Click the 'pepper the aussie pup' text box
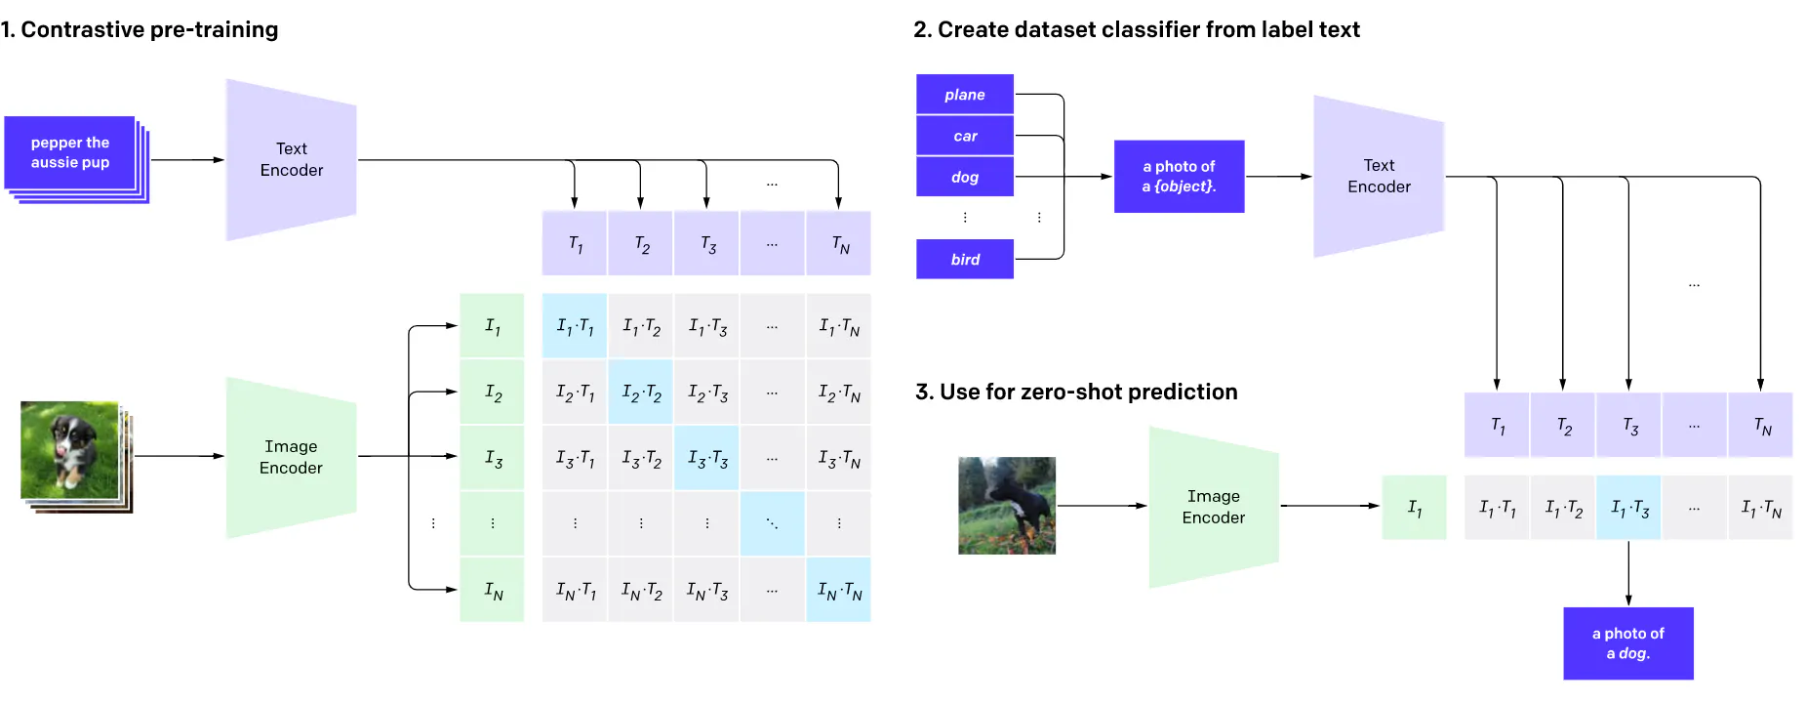click(x=70, y=153)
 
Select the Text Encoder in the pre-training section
click(x=291, y=160)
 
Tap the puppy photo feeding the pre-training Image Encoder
click(x=70, y=450)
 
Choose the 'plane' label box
click(x=964, y=95)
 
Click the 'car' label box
click(x=964, y=136)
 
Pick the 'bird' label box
click(x=964, y=259)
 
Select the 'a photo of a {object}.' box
click(x=1179, y=177)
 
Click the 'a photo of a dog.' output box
click(x=1627, y=643)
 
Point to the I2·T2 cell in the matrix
click(x=641, y=393)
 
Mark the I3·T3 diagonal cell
click(x=707, y=458)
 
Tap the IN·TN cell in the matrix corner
click(x=839, y=590)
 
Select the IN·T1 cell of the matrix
click(x=575, y=590)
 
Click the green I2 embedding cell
click(x=493, y=393)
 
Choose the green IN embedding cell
click(x=493, y=590)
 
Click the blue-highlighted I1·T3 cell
click(x=1628, y=508)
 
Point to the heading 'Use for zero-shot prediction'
click(x=1076, y=393)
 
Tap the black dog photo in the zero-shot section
click(x=1006, y=506)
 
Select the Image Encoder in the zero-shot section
click(x=1213, y=507)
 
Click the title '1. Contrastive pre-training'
click(x=140, y=30)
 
